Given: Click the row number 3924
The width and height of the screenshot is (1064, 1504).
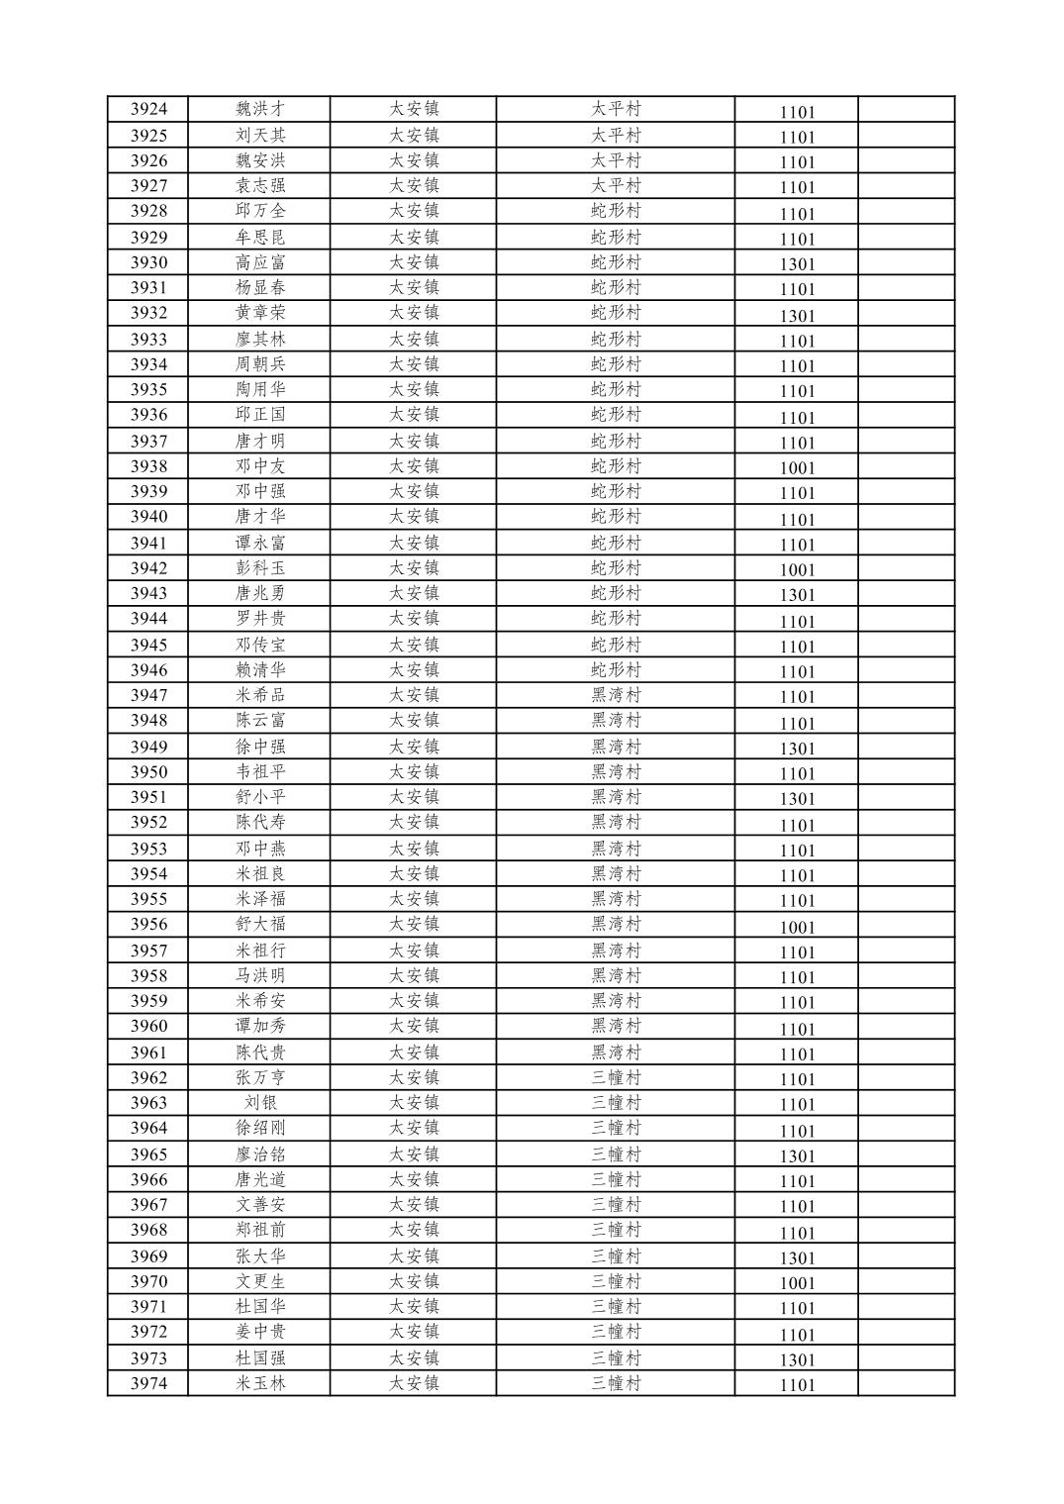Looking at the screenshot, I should click(x=148, y=110).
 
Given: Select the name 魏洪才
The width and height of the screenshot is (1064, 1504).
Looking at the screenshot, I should click(x=259, y=110).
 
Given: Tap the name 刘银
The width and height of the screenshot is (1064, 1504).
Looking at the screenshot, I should click(x=259, y=1103).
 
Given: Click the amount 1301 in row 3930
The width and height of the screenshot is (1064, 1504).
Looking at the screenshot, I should click(x=796, y=264).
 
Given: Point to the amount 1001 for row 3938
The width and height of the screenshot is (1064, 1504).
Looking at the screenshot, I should click(x=796, y=468).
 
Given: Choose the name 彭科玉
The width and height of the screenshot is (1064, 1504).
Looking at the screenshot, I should click(x=259, y=568).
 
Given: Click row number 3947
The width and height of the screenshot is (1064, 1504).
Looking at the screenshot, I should click(x=148, y=696).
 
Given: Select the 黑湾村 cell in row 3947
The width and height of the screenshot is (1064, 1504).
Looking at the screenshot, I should click(x=616, y=696).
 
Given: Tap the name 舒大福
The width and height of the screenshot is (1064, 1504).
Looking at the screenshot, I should click(x=259, y=925).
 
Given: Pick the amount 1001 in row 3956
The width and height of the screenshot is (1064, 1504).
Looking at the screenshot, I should click(x=796, y=928).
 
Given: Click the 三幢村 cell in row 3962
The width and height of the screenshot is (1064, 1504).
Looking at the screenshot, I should click(x=616, y=1078).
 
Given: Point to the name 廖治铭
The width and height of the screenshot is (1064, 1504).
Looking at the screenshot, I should click(x=259, y=1154).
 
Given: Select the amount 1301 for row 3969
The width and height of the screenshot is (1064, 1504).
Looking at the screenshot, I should click(x=796, y=1258).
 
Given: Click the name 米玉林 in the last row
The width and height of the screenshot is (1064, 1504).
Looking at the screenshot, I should click(x=259, y=1384).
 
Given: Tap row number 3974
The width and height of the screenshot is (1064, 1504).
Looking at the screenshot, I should click(x=148, y=1384).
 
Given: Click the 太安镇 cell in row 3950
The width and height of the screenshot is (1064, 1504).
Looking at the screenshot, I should click(x=413, y=772).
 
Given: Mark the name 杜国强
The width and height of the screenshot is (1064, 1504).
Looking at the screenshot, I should click(x=259, y=1358).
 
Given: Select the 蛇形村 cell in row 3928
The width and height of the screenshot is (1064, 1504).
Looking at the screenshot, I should click(x=616, y=211).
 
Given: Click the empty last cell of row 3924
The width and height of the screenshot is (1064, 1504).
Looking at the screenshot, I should click(x=905, y=110).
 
